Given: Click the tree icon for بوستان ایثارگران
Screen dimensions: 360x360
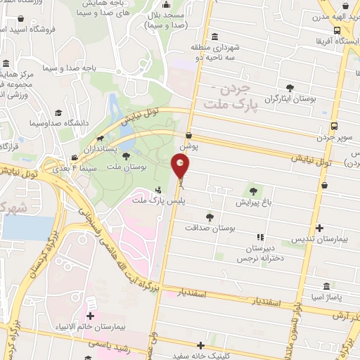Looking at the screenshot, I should coord(290,88).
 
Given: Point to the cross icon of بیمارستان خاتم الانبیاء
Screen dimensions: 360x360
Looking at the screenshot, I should coord(90,316).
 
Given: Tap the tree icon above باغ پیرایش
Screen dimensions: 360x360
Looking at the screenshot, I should coord(252,190).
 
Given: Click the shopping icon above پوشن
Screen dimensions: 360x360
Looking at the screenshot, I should coord(188,135).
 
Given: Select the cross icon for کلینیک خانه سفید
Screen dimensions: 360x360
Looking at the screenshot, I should coord(202,345).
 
